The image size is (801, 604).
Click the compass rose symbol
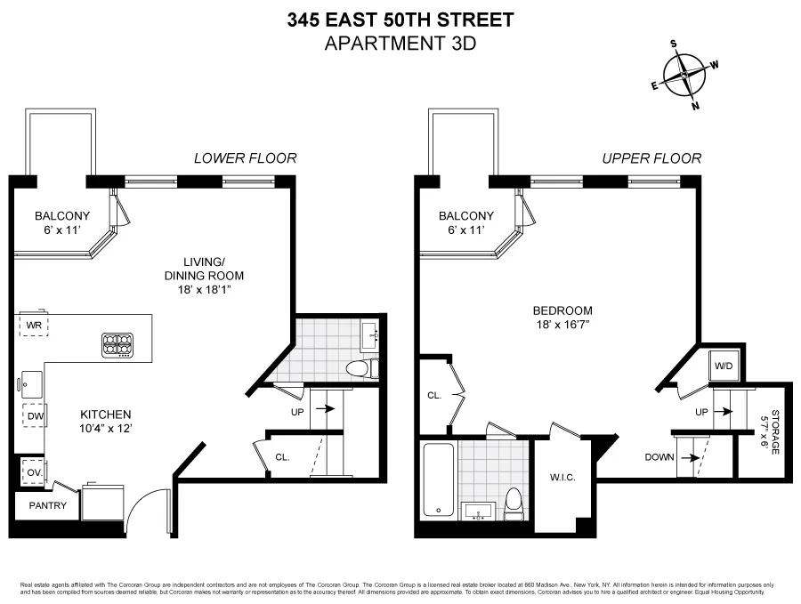click(x=685, y=74)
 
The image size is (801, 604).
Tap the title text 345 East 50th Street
click(x=400, y=20)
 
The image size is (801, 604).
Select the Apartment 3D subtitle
click(x=400, y=43)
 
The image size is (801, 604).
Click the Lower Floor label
click(x=245, y=158)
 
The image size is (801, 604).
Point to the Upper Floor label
click(x=651, y=158)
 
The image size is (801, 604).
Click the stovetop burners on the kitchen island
click(x=117, y=344)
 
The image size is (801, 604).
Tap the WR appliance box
click(x=34, y=325)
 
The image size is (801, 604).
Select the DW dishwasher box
click(x=34, y=415)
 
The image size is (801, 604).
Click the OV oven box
click(x=33, y=472)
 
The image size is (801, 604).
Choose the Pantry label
click(x=46, y=505)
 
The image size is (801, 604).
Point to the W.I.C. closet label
click(x=562, y=478)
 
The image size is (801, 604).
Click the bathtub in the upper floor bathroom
click(x=437, y=480)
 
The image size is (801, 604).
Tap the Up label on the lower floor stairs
click(x=297, y=412)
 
